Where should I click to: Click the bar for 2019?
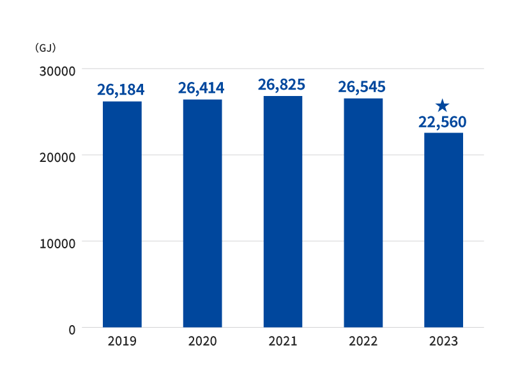coord(122,214)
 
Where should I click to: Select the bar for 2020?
coord(202,213)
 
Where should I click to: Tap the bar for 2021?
coord(283,212)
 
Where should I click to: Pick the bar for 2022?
coord(363,212)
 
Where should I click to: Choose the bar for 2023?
coord(443,230)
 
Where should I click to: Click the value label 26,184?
coord(121,90)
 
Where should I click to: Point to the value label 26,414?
coord(201,88)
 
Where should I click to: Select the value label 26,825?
coord(282,84)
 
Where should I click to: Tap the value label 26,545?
coord(362,87)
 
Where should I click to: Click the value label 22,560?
coord(442,122)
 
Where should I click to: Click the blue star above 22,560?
coord(442,106)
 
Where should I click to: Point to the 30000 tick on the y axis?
coord(57,71)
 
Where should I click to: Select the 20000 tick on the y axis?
coord(57,157)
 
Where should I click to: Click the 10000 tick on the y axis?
coord(57,244)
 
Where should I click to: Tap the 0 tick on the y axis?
coord(72,330)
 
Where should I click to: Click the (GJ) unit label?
coord(45,48)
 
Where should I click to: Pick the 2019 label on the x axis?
coord(122,341)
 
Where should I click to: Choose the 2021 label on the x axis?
coord(283,341)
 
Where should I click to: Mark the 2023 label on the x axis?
coord(443,341)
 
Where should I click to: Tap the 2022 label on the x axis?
coord(363,341)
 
